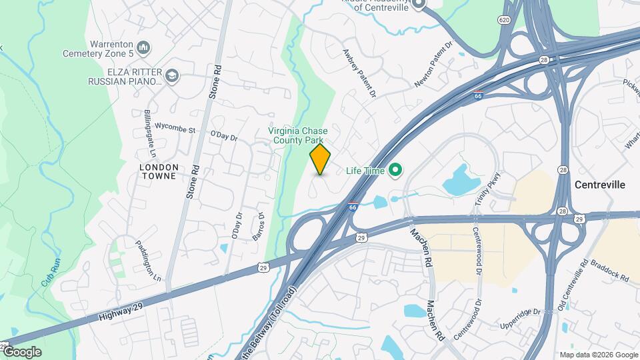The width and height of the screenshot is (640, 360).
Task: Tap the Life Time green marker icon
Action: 395,171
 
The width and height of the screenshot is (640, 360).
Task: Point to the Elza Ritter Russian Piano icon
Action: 173,75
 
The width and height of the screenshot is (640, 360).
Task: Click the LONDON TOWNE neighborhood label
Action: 159,171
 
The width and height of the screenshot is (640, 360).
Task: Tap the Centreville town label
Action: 600,185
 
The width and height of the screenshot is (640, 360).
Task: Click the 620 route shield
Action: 504,21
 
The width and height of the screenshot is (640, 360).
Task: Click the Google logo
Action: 22,352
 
